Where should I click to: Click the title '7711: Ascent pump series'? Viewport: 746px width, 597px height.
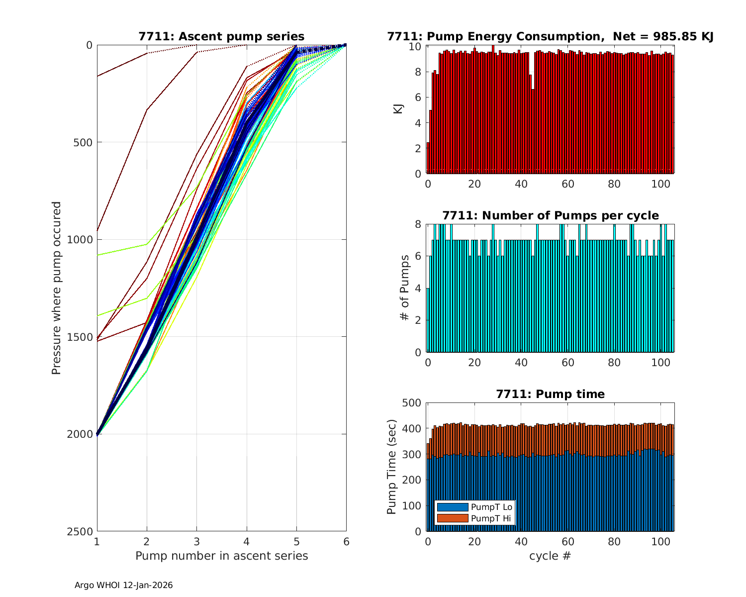coord(221,36)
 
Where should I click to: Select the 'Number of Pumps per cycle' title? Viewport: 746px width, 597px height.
coord(550,215)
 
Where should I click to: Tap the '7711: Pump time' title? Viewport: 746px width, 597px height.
coord(550,394)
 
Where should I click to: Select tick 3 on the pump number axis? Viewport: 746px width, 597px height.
coord(197,542)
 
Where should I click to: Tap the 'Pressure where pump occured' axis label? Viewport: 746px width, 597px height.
coord(57,288)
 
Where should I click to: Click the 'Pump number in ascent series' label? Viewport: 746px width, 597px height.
coord(221,556)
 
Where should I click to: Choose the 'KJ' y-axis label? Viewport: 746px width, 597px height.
coord(398,109)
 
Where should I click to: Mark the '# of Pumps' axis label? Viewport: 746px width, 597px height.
coord(405,288)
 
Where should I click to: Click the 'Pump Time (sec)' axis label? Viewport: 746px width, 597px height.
coord(392,467)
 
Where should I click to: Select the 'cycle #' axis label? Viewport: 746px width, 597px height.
coord(550,556)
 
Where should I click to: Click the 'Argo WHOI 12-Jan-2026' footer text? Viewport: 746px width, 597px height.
coord(123,585)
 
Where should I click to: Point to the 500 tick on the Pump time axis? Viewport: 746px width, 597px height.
coord(412,403)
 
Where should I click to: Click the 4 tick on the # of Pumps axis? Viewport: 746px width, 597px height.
coord(418,289)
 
